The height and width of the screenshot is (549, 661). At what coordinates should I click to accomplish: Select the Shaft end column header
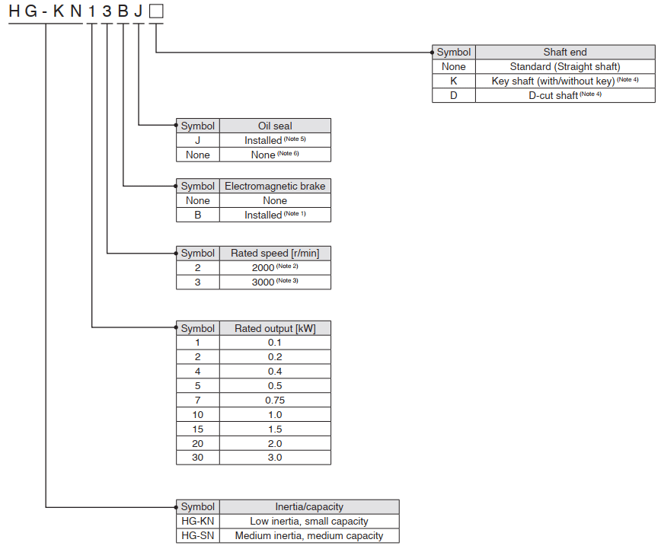click(x=565, y=52)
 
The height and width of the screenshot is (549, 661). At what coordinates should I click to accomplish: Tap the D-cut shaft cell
click(x=565, y=96)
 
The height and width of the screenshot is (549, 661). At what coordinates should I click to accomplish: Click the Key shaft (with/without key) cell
click(x=565, y=81)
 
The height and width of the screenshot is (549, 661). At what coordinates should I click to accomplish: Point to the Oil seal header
click(x=275, y=126)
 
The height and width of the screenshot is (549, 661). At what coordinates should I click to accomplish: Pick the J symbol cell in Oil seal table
click(x=198, y=140)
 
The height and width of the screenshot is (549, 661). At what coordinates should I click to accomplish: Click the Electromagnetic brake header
click(x=275, y=186)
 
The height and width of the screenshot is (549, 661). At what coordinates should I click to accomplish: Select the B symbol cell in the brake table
click(x=198, y=215)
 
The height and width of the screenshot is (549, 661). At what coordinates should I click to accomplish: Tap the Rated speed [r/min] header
click(x=275, y=253)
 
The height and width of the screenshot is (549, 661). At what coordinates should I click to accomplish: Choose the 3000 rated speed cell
click(x=275, y=282)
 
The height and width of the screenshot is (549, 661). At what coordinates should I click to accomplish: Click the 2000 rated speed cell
click(x=275, y=267)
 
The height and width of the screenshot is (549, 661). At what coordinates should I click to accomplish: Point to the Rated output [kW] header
click(x=275, y=328)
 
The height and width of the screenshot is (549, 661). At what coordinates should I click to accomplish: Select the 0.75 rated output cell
click(x=275, y=400)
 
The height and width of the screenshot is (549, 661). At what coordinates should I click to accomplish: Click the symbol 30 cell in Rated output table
click(x=198, y=458)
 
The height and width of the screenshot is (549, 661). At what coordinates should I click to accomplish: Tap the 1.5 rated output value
click(x=275, y=429)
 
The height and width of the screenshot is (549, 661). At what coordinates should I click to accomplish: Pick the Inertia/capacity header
click(x=309, y=506)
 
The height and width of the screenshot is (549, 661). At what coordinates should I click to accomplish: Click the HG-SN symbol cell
click(x=198, y=535)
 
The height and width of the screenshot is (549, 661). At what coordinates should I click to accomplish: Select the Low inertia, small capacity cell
click(x=309, y=521)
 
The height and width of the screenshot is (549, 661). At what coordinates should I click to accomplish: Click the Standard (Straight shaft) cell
click(x=565, y=66)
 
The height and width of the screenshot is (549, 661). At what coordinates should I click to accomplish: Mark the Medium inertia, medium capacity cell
click(x=309, y=535)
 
